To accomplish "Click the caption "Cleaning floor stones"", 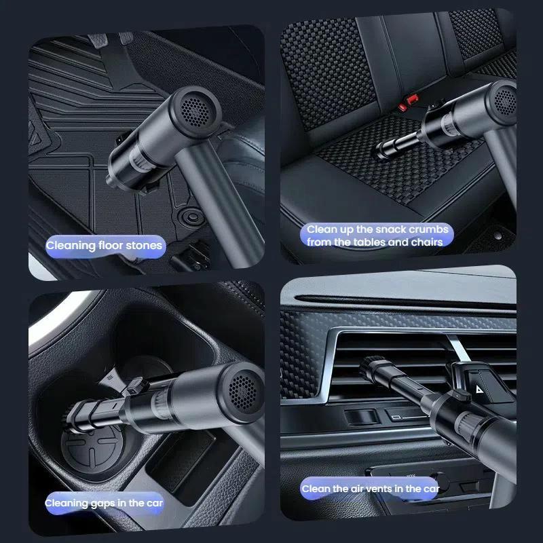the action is pos(104,246).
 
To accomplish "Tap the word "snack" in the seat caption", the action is pos(390,229).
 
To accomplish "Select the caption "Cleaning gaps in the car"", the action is pos(104,503).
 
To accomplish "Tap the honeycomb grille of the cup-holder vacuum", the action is pos(243,392).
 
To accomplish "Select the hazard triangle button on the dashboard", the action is pos(479,389).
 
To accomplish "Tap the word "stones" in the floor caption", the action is pos(144,246).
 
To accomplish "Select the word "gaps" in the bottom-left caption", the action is pos(103,504).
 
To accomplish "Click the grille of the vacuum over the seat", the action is pos(505,101).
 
